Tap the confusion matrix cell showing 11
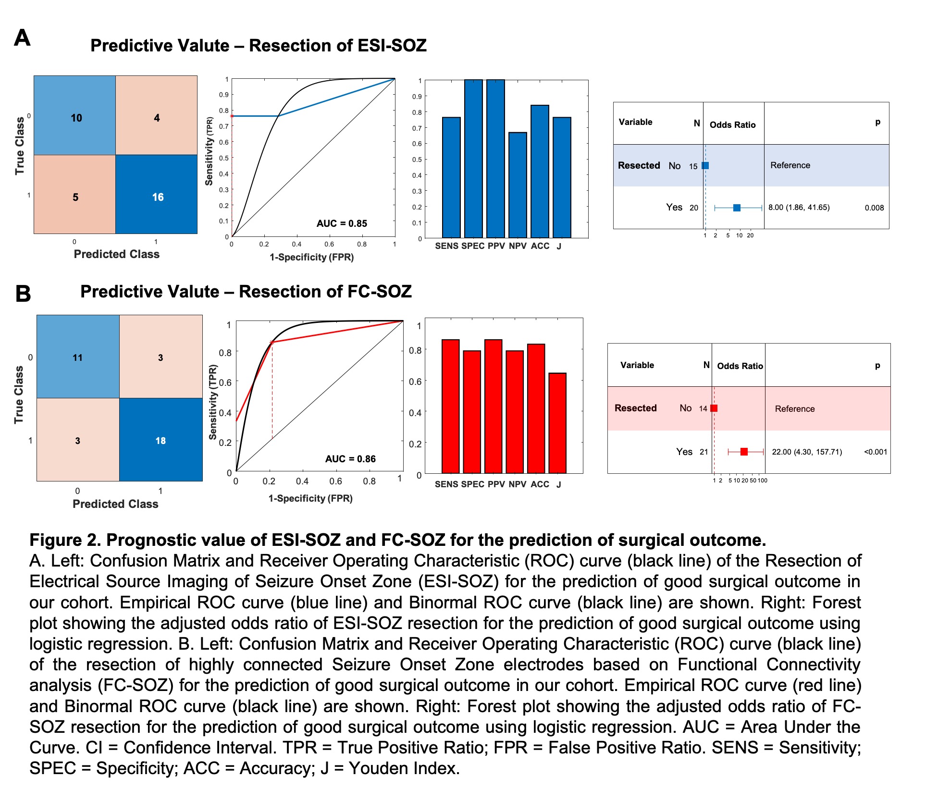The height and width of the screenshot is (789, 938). [x=78, y=357]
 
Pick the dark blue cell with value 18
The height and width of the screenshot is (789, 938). [x=160, y=440]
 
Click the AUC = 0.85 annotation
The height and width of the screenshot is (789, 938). [x=342, y=223]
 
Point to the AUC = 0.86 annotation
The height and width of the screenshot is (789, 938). [x=350, y=459]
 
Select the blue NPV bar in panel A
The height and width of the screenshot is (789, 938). [x=518, y=185]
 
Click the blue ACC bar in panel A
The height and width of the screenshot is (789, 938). [x=540, y=172]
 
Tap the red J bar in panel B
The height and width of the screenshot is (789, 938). [x=557, y=423]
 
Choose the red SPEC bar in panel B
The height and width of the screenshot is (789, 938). [x=472, y=412]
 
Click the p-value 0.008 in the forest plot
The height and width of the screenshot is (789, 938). [x=874, y=208]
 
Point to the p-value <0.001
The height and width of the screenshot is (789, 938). [x=876, y=452]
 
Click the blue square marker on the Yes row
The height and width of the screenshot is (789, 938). [x=737, y=208]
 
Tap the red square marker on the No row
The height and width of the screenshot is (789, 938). [x=714, y=408]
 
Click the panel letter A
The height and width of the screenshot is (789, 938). [x=22, y=38]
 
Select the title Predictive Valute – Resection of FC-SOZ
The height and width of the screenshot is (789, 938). [x=246, y=292]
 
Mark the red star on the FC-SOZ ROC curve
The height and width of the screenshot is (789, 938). [x=272, y=342]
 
